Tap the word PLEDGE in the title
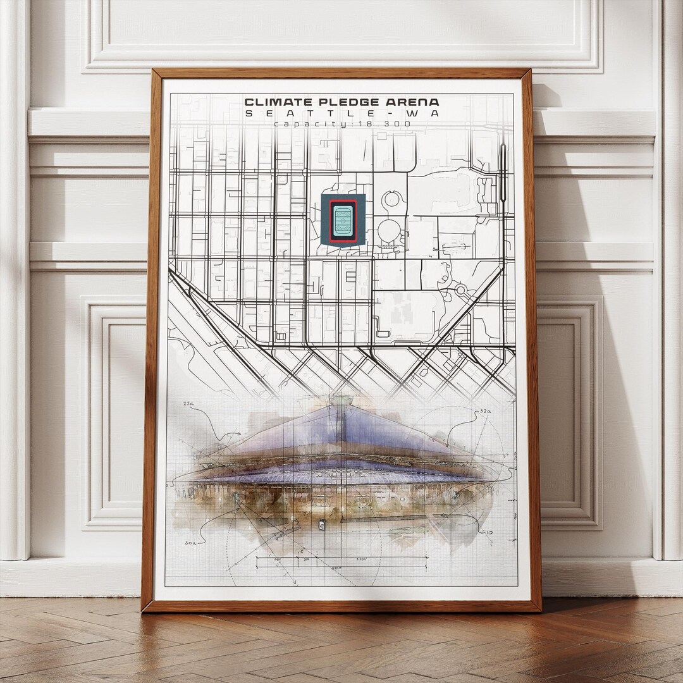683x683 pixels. (x=340, y=102)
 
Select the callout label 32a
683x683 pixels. (x=486, y=410)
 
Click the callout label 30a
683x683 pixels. (x=190, y=542)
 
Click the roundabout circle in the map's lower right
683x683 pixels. (x=460, y=290)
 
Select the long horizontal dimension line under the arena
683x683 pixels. (x=341, y=557)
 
